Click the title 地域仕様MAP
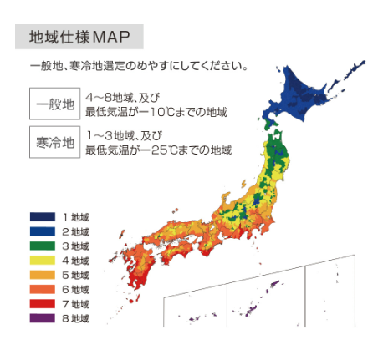coord(79,38)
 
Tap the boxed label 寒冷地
coord(52,143)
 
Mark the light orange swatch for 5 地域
coord(42,275)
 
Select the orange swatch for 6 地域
coord(42,289)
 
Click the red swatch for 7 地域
coord(42,304)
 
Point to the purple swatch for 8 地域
coord(42,318)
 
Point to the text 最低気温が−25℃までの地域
coord(158,150)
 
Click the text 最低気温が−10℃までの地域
coord(156,110)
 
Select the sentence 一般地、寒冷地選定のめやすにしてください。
coord(138,65)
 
